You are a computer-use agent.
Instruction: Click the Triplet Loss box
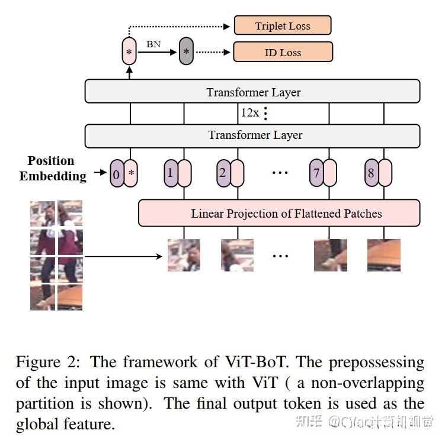pyautogui.click(x=283, y=25)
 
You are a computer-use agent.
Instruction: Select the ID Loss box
pyautogui.click(x=283, y=52)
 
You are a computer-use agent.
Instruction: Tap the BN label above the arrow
pyautogui.click(x=153, y=44)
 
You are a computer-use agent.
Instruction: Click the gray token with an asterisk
pyautogui.click(x=186, y=51)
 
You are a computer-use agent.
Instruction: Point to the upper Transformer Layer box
pyautogui.click(x=252, y=91)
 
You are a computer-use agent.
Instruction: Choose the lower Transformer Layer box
pyautogui.click(x=252, y=136)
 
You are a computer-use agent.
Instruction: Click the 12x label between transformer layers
pyautogui.click(x=250, y=113)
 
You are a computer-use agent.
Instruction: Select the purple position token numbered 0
pyautogui.click(x=117, y=173)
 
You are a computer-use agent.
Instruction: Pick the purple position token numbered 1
pyautogui.click(x=171, y=173)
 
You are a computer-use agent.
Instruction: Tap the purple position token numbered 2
pyautogui.click(x=223, y=173)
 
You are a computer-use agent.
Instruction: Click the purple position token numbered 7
pyautogui.click(x=316, y=173)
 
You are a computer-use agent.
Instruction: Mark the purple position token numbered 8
pyautogui.click(x=372, y=173)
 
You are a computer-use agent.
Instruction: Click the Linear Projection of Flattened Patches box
pyautogui.click(x=279, y=213)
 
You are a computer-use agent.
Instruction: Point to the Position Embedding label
pyautogui.click(x=52, y=169)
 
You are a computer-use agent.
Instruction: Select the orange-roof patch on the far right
pyautogui.click(x=384, y=255)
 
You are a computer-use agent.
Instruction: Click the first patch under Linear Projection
pyautogui.click(x=184, y=255)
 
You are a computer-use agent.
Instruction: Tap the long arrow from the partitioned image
pyautogui.click(x=123, y=257)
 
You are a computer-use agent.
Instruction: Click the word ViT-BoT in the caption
pyautogui.click(x=255, y=362)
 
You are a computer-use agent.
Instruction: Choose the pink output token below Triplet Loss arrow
pyautogui.click(x=129, y=51)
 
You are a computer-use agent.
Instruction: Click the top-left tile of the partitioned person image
pyautogui.click(x=43, y=213)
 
